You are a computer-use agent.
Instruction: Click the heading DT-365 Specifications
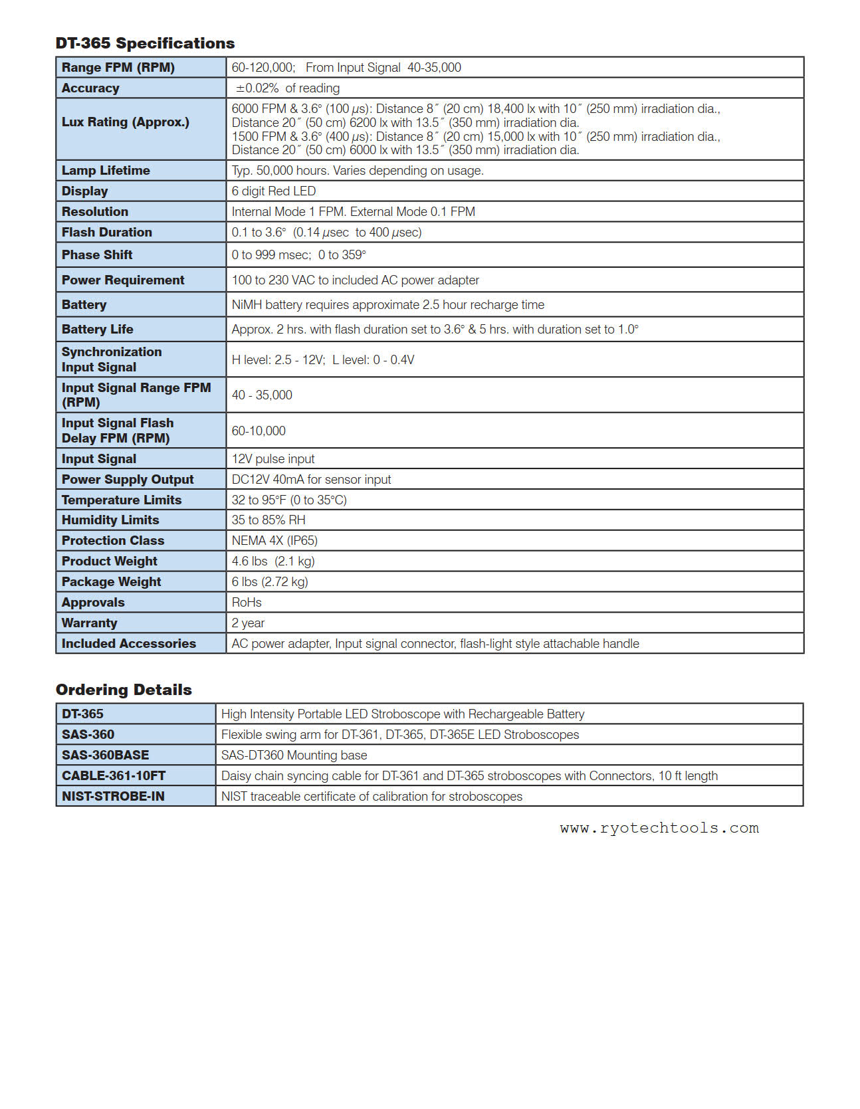(x=145, y=43)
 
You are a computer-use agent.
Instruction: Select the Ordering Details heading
(x=124, y=690)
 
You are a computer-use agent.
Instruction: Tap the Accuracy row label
(x=90, y=88)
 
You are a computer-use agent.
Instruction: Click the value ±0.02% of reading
(x=287, y=88)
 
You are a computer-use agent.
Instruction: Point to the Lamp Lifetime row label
(x=106, y=171)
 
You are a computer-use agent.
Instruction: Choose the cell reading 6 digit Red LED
(x=273, y=191)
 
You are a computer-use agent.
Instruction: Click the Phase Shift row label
(x=97, y=255)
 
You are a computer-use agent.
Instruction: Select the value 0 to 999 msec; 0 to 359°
(x=298, y=255)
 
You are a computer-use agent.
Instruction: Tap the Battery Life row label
(x=97, y=330)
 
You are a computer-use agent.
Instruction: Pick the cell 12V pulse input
(x=272, y=459)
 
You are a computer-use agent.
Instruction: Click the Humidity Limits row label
(x=110, y=520)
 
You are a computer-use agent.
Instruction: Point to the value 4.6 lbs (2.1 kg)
(x=272, y=561)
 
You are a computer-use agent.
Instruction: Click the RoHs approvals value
(x=247, y=603)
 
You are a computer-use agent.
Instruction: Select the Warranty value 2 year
(x=248, y=623)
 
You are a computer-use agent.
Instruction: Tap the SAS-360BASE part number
(x=105, y=756)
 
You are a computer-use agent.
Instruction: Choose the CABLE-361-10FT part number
(x=114, y=776)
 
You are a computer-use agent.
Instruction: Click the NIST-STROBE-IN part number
(x=113, y=797)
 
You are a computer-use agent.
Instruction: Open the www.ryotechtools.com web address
(x=659, y=829)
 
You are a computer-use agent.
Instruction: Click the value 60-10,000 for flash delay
(x=259, y=431)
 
